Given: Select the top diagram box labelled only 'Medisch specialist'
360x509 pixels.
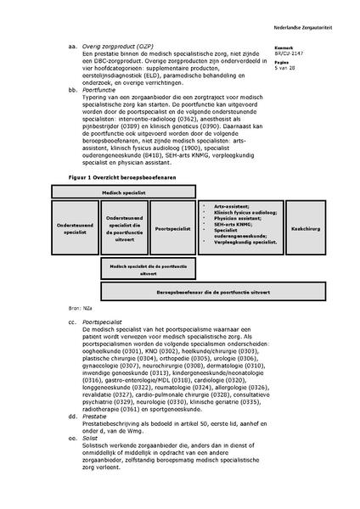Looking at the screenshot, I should click(x=124, y=193).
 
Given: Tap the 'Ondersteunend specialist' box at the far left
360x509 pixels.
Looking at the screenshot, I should click(x=75, y=227).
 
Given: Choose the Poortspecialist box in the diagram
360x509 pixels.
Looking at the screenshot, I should click(x=173, y=227).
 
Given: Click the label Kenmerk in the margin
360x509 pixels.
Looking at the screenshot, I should click(x=285, y=48).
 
